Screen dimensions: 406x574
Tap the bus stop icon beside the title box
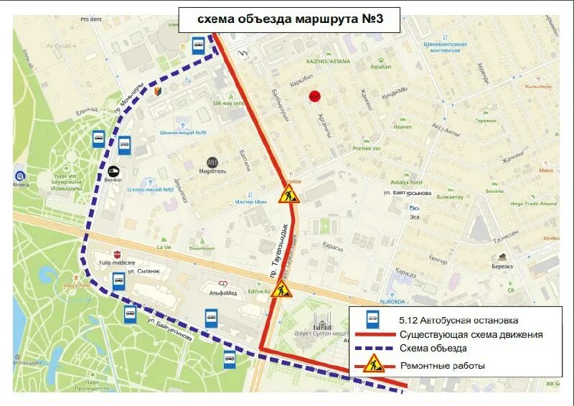(198, 45)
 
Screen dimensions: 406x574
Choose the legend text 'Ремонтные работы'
(442, 366)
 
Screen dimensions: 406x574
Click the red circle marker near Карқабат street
(314, 96)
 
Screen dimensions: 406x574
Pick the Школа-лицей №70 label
(183, 133)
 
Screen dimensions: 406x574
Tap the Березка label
(502, 265)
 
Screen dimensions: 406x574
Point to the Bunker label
(113, 178)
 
